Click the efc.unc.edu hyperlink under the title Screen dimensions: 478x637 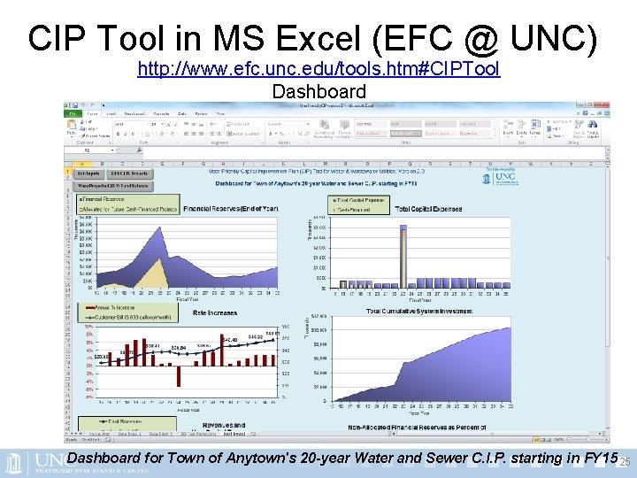point(318,69)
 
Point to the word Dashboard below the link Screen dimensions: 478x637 point(318,91)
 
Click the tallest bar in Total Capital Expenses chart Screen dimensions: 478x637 point(403,257)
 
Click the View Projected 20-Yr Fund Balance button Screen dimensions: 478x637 point(116,185)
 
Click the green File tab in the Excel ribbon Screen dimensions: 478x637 point(70,113)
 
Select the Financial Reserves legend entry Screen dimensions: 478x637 point(104,199)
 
